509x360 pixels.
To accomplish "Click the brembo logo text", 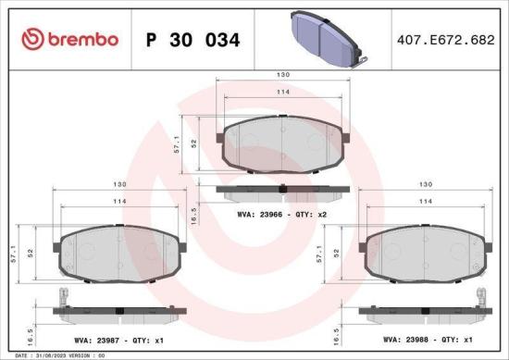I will (69, 39).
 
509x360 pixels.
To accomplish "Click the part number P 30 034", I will (193, 40).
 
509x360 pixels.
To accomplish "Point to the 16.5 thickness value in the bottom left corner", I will (31, 332).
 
